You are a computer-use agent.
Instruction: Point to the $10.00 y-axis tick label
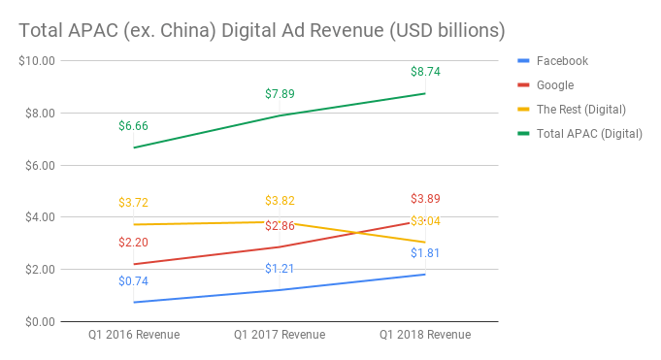tap(37, 60)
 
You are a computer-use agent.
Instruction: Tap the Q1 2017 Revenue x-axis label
tap(280, 335)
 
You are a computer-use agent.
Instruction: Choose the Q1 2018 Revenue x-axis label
tap(425, 335)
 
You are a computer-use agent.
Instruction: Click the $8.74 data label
tap(425, 72)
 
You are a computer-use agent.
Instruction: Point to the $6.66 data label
tap(133, 126)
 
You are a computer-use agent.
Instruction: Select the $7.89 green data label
tap(280, 94)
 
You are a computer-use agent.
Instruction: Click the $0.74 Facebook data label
tap(133, 281)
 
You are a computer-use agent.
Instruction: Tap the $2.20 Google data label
tap(133, 243)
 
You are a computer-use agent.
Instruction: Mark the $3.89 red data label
tap(425, 199)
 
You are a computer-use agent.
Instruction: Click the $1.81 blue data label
tap(425, 253)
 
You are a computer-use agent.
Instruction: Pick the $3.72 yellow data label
tap(133, 203)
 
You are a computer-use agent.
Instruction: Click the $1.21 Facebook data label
tap(280, 268)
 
